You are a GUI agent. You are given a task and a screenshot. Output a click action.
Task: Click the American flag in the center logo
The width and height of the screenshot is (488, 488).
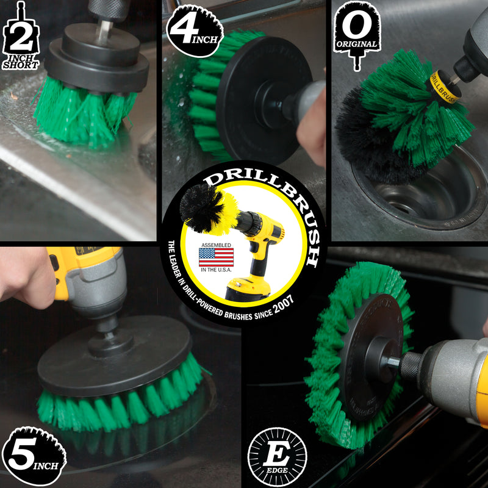216,257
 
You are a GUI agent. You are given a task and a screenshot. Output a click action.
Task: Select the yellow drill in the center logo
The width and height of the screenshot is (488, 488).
262,244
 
